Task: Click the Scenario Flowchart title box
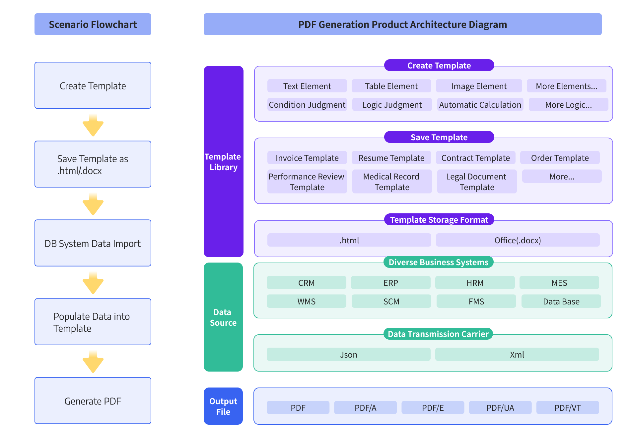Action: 93,24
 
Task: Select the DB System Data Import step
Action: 93,243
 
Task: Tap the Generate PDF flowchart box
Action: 93,400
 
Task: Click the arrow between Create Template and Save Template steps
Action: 93,125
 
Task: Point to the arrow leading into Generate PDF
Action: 93,362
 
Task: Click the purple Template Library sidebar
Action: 223,162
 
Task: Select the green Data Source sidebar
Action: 223,317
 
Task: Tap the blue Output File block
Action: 223,406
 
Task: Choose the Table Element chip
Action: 391,86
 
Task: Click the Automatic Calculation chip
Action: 480,105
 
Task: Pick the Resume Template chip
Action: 391,158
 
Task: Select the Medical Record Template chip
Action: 392,182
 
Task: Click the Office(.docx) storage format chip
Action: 518,240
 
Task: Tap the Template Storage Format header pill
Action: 439,220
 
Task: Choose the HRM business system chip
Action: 475,283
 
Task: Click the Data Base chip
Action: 561,301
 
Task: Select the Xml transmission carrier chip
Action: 517,355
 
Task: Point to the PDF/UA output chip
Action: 500,408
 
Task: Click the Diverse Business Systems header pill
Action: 438,262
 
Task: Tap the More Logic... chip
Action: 568,105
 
